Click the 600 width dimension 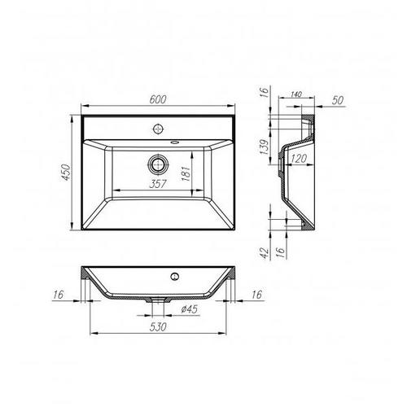[158, 99]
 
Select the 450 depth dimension [70, 173]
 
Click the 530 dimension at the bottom [160, 326]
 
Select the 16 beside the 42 [282, 252]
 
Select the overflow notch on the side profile [279, 163]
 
